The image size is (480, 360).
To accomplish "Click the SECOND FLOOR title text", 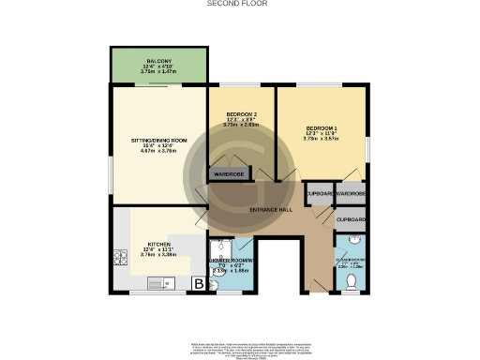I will tap(237, 5).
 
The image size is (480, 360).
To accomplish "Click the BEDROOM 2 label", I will tap(240, 114).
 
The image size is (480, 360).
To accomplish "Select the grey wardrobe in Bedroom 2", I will tap(228, 174).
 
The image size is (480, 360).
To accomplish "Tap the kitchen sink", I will tap(156, 282).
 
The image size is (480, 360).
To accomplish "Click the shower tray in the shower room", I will tap(221, 249).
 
